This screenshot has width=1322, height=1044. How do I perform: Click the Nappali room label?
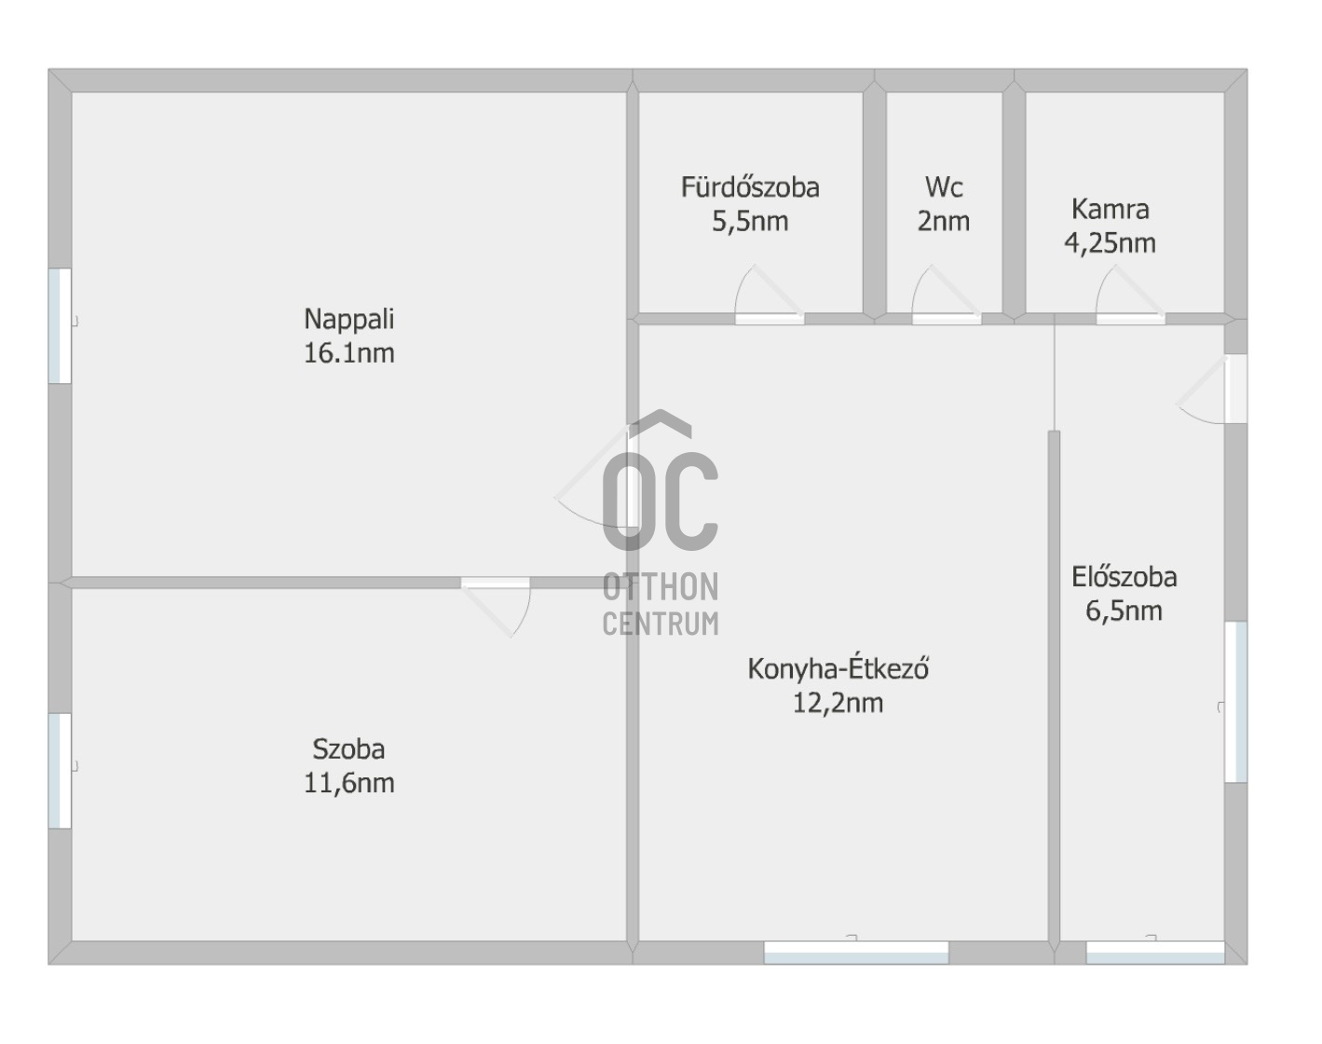pyautogui.click(x=348, y=319)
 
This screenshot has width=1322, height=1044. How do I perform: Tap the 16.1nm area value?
pyautogui.click(x=348, y=353)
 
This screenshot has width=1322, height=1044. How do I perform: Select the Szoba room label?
pyautogui.click(x=348, y=749)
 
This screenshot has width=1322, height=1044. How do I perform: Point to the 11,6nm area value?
pyautogui.click(x=348, y=783)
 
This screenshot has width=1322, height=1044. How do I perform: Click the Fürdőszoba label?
pyautogui.click(x=750, y=187)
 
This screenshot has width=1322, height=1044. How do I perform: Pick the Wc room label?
pyautogui.click(x=943, y=187)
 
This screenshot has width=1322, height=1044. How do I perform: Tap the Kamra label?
pyautogui.click(x=1110, y=209)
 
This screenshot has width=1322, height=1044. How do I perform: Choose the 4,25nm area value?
pyautogui.click(x=1110, y=243)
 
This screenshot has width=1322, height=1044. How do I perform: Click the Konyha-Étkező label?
pyautogui.click(x=838, y=668)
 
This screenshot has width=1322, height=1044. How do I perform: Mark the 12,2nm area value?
pyautogui.click(x=838, y=703)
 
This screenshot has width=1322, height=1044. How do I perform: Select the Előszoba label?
pyautogui.click(x=1124, y=577)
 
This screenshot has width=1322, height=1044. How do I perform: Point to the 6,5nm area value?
pyautogui.click(x=1124, y=611)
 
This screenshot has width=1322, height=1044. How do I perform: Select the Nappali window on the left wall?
pyautogui.click(x=60, y=325)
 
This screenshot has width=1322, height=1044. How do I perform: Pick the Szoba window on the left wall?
pyautogui.click(x=60, y=770)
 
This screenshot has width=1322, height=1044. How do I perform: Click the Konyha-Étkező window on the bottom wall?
pyautogui.click(x=855, y=952)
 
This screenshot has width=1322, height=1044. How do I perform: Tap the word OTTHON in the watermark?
pyautogui.click(x=660, y=587)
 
